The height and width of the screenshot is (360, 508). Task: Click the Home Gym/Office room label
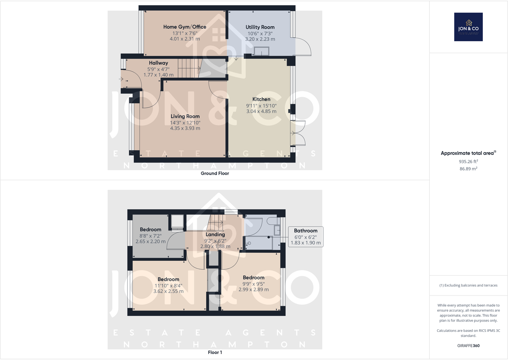[x=185, y=27]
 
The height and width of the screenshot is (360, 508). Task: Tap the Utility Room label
[x=260, y=27]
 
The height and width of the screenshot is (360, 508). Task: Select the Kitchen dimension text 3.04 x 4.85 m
[x=261, y=111]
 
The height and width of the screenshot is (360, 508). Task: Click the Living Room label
[x=185, y=116]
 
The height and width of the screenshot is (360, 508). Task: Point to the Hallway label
[x=158, y=63]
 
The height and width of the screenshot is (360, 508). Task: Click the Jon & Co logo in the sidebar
[x=468, y=27]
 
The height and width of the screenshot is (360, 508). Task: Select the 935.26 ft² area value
[x=468, y=161]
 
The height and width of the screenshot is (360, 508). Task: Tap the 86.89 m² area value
[x=468, y=169]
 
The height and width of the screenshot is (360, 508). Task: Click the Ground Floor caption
[x=215, y=173]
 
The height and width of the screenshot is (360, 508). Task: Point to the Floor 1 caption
[x=215, y=352]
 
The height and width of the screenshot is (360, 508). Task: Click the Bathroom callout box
[x=305, y=236]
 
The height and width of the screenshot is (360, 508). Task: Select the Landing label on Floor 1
[x=215, y=234]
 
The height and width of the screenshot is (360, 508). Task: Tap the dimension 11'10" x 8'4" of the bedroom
[x=168, y=286]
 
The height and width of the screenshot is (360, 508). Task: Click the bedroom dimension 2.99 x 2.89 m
[x=253, y=289]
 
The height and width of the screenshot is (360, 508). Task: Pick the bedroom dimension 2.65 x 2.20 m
[x=150, y=241]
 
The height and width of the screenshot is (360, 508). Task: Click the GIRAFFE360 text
[x=468, y=346]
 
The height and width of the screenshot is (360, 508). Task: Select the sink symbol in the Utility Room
[x=261, y=51]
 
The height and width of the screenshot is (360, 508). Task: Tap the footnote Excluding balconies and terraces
[x=468, y=285]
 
